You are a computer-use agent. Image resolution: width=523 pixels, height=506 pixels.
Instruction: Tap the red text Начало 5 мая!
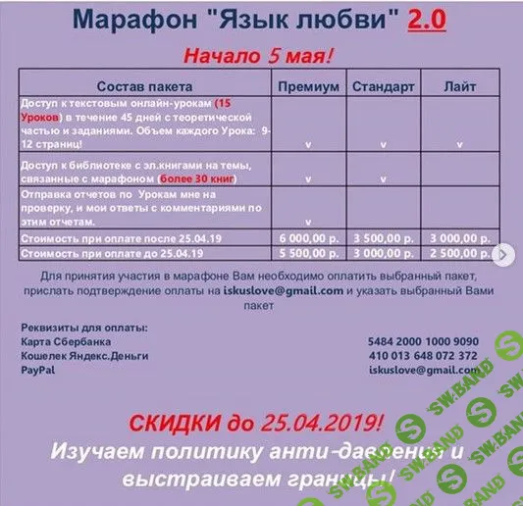pyautogui.click(x=263, y=54)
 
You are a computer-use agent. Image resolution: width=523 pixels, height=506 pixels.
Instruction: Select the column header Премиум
pyautogui.click(x=308, y=86)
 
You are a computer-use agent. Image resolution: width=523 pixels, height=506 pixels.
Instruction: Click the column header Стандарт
pyautogui.click(x=383, y=86)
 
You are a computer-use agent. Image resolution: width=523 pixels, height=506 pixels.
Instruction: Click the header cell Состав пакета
pyautogui.click(x=144, y=86)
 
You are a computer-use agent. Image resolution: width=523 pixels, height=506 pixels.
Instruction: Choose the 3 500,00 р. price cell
pyautogui.click(x=383, y=238)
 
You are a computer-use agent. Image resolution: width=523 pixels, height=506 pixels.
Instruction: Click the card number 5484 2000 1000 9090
pyautogui.click(x=423, y=340)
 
